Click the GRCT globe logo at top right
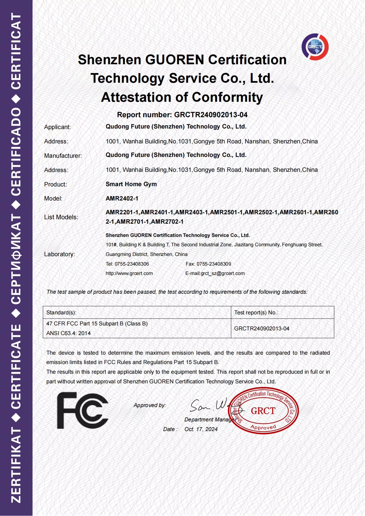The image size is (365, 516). click(x=315, y=47)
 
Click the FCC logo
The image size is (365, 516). click(x=82, y=411)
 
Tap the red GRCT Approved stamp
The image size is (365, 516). click(x=263, y=411)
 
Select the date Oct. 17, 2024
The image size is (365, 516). click(x=201, y=429)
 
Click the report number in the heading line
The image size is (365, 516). click(x=211, y=115)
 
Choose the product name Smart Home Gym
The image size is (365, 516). click(x=131, y=184)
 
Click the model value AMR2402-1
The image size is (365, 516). click(x=122, y=199)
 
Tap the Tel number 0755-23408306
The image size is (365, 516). click(x=132, y=264)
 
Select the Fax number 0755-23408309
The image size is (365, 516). click(x=214, y=264)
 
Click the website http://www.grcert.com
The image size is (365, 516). click(x=129, y=273)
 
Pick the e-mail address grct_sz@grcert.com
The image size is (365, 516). click(x=223, y=273)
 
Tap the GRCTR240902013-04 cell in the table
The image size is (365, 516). click(x=262, y=328)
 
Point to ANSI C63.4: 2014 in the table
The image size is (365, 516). click(x=68, y=333)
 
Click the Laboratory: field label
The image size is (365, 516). click(x=60, y=254)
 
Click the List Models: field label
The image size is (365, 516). click(x=61, y=217)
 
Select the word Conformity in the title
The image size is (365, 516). click(x=227, y=97)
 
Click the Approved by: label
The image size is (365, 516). click(x=150, y=405)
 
